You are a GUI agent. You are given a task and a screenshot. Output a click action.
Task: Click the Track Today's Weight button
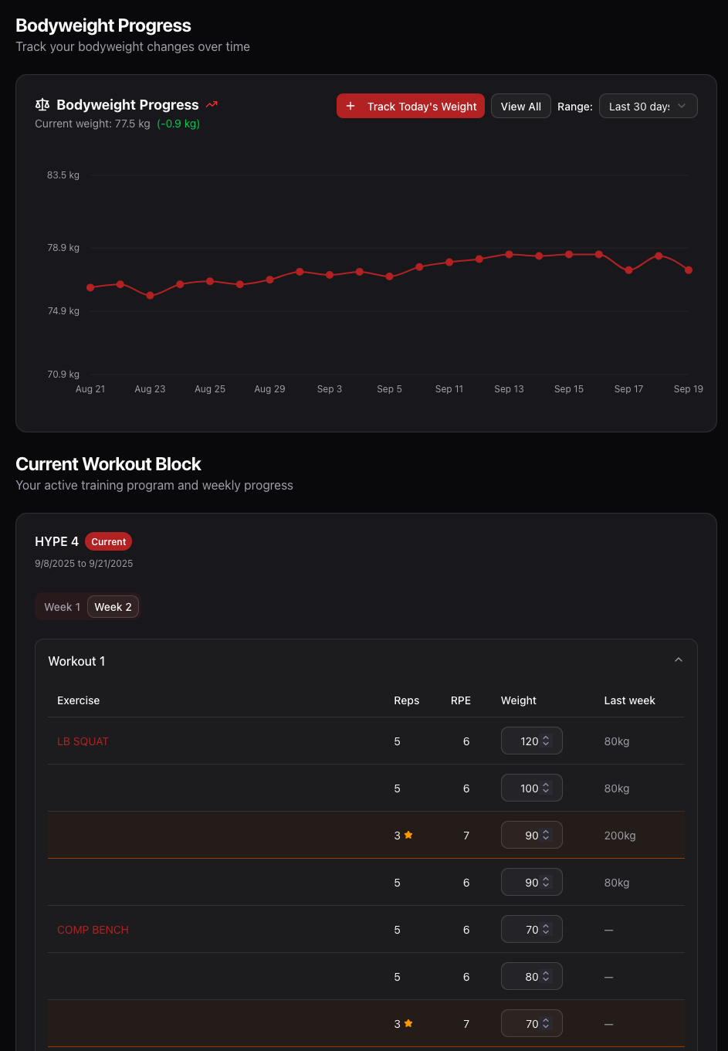411,107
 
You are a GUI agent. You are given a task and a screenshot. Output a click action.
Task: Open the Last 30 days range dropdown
648,107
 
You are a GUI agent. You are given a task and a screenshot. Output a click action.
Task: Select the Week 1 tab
62,607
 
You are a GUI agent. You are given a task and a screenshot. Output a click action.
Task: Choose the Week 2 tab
113,607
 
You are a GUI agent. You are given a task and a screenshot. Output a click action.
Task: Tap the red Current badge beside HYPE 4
108,542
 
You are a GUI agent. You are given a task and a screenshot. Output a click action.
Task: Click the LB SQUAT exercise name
83,741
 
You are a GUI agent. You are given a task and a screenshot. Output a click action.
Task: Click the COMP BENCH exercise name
93,930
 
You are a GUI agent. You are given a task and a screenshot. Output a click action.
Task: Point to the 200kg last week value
620,836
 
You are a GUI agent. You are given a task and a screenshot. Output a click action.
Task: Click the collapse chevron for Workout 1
679,660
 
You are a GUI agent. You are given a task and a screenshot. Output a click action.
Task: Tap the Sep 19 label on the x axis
688,389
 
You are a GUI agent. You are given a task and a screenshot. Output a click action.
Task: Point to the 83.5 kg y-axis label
63,175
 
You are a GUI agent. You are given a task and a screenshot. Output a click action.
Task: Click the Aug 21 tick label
90,389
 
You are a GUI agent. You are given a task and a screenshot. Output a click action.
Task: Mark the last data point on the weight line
689,270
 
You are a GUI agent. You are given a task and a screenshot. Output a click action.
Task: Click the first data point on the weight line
90,287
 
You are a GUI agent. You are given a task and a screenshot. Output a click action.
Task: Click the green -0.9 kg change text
178,124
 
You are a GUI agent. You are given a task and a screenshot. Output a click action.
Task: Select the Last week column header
629,700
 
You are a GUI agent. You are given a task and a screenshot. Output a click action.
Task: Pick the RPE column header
461,700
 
